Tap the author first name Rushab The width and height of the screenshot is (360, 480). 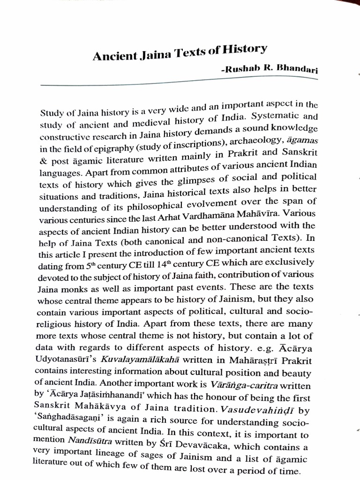coord(242,70)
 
